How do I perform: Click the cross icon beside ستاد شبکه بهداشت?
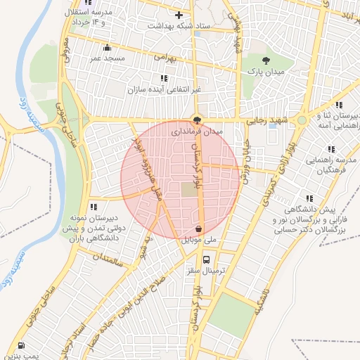(x=179, y=15)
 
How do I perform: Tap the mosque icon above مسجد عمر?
(x=107, y=48)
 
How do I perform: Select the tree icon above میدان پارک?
(x=265, y=60)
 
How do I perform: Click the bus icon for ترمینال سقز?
(x=205, y=258)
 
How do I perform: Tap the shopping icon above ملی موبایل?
(x=199, y=229)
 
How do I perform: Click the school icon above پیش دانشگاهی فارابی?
(x=308, y=198)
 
